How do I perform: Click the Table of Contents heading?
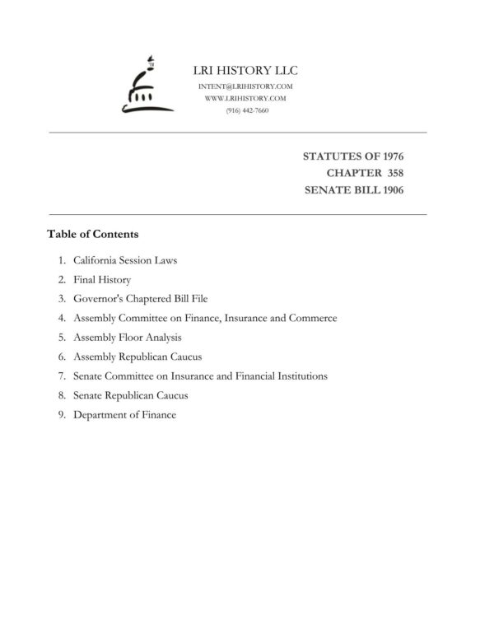(92, 234)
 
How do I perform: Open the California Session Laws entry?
(125, 260)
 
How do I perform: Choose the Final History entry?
(101, 280)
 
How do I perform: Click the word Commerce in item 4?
(311, 318)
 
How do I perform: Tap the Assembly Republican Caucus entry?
(137, 357)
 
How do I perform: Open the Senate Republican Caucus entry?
(130, 395)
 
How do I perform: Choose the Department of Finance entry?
(124, 415)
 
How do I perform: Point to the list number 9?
(62, 415)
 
